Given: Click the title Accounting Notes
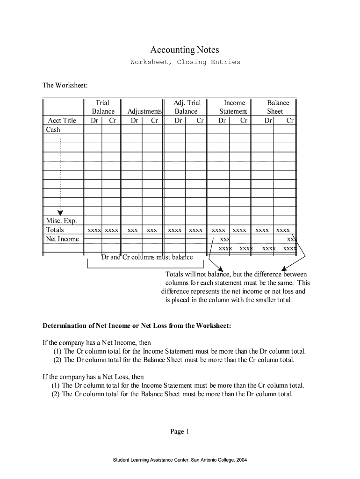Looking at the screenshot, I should [x=184, y=50].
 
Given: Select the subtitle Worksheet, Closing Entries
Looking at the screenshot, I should [x=185, y=62].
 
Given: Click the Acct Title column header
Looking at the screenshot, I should [x=62, y=120].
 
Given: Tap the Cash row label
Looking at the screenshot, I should [x=53, y=130].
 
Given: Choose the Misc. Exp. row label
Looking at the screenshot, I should [x=61, y=221].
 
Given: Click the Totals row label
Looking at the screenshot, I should [x=55, y=230].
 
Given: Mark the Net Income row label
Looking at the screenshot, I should [x=62, y=239].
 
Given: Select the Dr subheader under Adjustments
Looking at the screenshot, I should [x=135, y=120].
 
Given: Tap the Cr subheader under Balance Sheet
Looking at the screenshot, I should [x=290, y=120].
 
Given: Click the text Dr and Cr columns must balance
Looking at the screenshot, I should [x=147, y=257].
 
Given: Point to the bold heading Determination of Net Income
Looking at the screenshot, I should [x=137, y=326].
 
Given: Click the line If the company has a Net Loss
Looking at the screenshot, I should [x=93, y=377].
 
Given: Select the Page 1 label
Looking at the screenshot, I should [x=180, y=432].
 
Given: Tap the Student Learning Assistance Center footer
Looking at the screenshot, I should [x=180, y=460].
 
